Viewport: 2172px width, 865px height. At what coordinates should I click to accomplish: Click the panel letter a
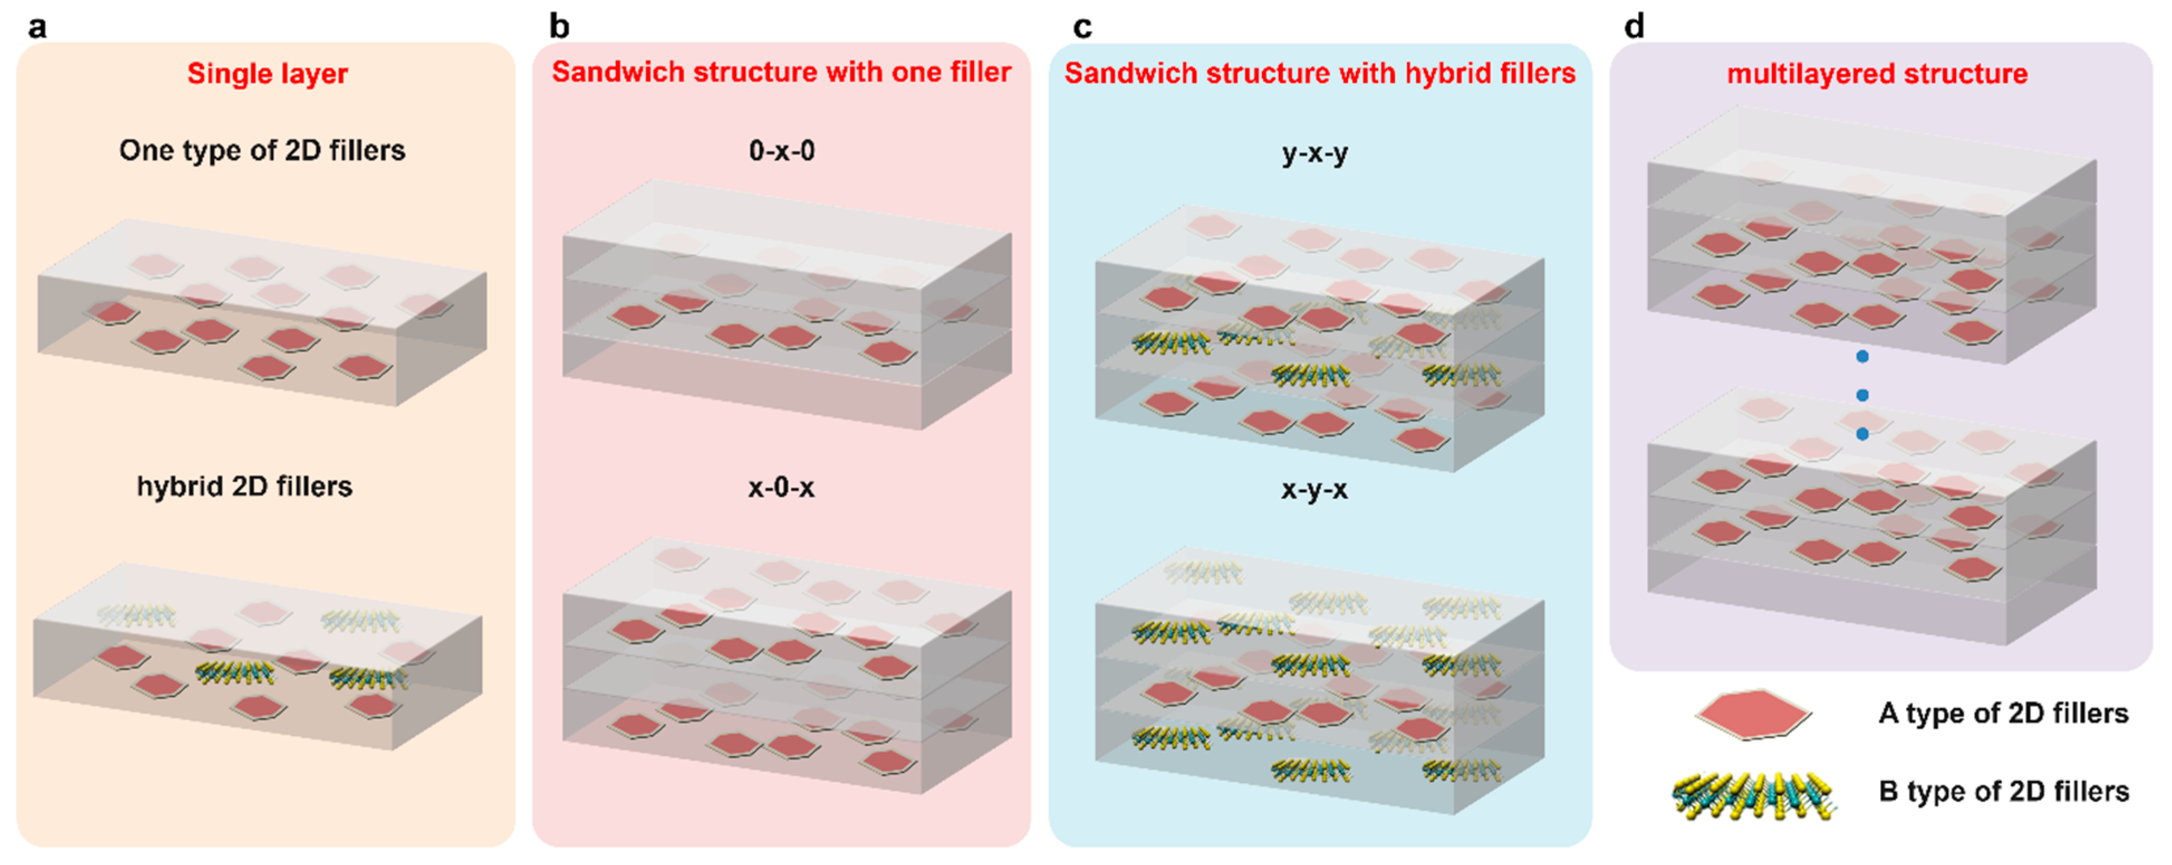click(x=37, y=27)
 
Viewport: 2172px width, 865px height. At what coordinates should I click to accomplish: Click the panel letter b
click(x=559, y=27)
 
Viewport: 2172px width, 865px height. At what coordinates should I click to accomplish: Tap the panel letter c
click(x=1082, y=27)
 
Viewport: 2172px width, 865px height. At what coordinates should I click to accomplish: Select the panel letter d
click(x=1634, y=27)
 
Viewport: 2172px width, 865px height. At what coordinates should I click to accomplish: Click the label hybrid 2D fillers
click(x=244, y=487)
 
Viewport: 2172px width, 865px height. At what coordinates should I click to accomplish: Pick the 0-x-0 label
click(x=782, y=151)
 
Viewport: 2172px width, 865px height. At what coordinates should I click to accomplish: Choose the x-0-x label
click(x=782, y=487)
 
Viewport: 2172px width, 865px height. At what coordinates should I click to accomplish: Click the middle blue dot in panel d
click(x=1862, y=396)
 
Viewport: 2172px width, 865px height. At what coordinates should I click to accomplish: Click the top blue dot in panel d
click(x=1862, y=357)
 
